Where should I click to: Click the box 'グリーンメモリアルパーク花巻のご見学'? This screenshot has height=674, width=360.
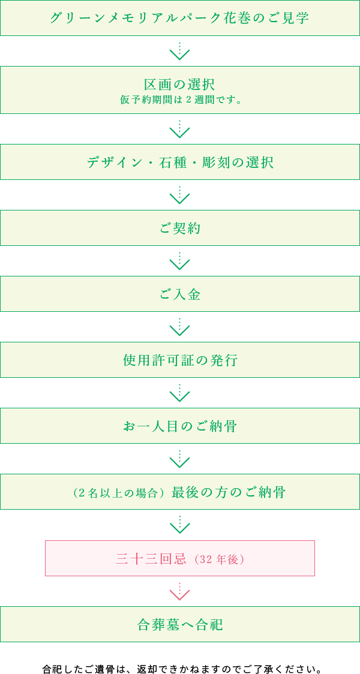(x=180, y=18)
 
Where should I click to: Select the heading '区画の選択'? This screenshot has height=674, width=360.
(x=180, y=85)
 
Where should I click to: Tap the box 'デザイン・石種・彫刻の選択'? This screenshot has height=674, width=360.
(x=180, y=163)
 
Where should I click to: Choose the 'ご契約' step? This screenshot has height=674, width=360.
(x=180, y=228)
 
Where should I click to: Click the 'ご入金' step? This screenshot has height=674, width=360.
(x=180, y=294)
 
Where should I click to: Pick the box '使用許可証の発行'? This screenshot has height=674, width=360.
(x=180, y=360)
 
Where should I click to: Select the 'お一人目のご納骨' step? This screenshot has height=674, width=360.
(x=180, y=426)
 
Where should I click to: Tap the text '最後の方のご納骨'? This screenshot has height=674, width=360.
(x=229, y=492)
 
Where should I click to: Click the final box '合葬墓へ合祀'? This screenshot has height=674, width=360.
(x=180, y=625)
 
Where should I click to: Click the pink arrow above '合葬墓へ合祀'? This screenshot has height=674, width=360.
(x=180, y=592)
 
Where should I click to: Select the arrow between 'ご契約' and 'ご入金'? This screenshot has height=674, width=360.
(x=180, y=261)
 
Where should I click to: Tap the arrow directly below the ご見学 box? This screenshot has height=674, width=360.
(x=180, y=52)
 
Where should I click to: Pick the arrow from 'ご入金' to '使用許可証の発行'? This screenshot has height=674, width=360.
(x=180, y=327)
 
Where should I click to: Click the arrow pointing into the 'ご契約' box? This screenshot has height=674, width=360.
(x=180, y=195)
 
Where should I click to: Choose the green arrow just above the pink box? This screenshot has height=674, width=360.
(x=180, y=525)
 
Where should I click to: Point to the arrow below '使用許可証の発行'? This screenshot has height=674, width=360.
(x=180, y=393)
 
